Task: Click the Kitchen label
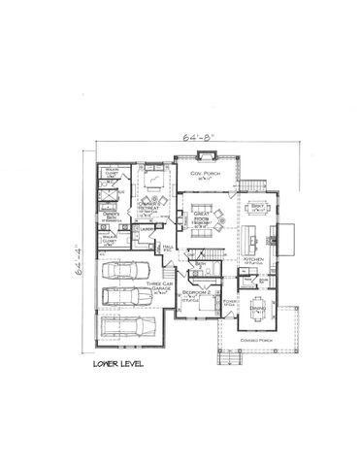(252, 260)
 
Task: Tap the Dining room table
(258, 311)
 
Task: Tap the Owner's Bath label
(113, 218)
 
